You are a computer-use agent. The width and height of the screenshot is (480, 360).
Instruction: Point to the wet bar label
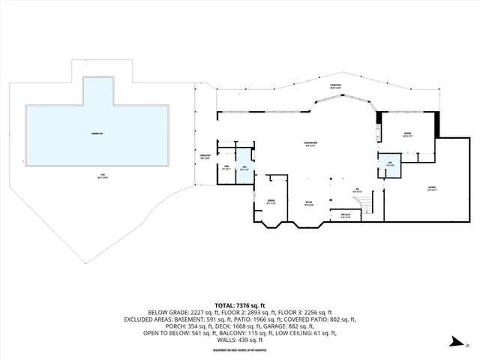coord(308,202)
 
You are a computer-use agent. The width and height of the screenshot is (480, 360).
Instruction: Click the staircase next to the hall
coord(365,202)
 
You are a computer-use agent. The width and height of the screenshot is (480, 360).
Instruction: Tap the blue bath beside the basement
coord(389,164)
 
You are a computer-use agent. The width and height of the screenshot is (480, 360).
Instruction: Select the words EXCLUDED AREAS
coord(145,319)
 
